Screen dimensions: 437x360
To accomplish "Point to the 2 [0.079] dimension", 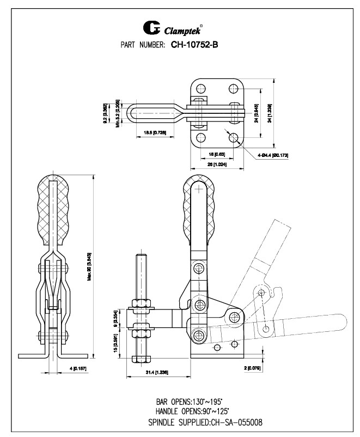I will (x=254, y=368).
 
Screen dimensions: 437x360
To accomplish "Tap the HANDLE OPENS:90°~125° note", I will (x=192, y=411).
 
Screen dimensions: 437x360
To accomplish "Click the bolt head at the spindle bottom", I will (x=141, y=358).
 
